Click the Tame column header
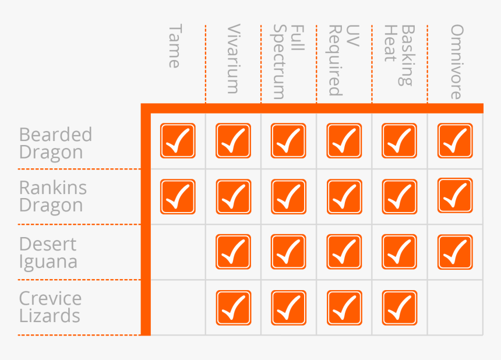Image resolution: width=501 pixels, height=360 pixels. tap(174, 47)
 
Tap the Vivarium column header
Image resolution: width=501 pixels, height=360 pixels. tap(233, 59)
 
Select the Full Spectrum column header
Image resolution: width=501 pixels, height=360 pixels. tap(288, 62)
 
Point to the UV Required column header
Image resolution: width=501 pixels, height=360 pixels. tap(344, 60)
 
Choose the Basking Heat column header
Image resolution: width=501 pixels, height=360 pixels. tap(399, 55)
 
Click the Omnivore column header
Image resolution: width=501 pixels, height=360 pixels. tap(456, 62)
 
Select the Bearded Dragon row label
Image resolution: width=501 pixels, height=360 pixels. tap(56, 143)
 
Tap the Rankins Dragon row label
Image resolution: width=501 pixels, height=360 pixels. tap(53, 196)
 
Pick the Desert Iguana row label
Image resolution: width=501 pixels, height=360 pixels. tap(48, 253)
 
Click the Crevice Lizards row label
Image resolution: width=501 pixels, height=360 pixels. tap(50, 307)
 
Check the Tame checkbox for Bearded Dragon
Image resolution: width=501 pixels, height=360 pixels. tap(178, 141)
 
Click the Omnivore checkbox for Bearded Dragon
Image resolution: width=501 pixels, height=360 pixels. tap(455, 141)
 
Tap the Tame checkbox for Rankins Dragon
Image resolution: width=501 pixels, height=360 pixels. tap(178, 197)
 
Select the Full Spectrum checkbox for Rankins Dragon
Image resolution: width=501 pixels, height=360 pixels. tap(288, 197)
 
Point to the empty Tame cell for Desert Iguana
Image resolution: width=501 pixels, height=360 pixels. tap(178, 252)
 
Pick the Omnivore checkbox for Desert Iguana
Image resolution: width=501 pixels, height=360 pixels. tap(455, 252)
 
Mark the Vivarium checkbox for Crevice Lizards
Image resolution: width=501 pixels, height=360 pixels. tap(233, 308)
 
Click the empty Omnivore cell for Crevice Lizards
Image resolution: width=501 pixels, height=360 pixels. tap(455, 308)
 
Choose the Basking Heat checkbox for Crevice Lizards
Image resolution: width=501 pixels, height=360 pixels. tap(399, 308)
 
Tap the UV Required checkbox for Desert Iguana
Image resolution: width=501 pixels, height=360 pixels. tap(344, 252)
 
